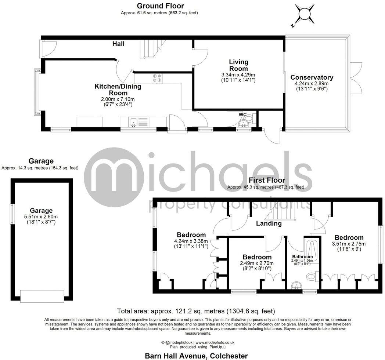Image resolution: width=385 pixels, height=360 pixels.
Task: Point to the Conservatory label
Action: [312, 77]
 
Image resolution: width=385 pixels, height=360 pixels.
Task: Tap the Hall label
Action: [118, 44]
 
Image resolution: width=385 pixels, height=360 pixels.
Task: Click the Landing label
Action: [269, 223]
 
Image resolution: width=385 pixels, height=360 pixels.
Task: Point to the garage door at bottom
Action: [42, 296]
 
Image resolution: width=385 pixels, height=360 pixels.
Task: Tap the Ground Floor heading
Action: [160, 6]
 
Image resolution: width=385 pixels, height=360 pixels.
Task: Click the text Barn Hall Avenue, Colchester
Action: [196, 356]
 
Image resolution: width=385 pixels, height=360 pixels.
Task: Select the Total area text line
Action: [195, 311]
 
